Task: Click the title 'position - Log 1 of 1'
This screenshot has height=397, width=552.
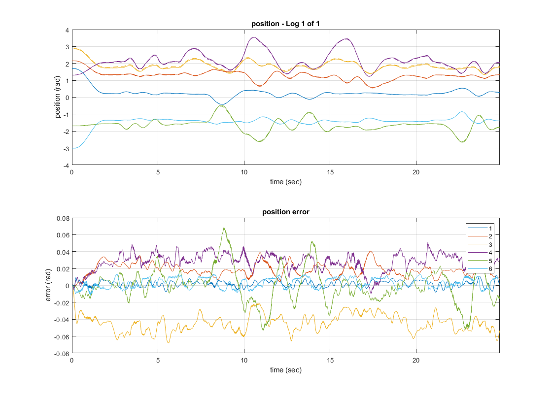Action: (285, 24)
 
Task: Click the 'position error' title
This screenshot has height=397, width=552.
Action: (285, 212)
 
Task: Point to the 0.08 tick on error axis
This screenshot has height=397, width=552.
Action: (63, 218)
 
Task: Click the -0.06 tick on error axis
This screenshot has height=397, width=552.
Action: (61, 336)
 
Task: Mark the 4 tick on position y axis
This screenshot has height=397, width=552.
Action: (67, 30)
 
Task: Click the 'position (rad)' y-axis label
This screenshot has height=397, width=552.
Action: (58, 98)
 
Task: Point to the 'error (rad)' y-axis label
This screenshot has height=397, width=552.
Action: (48, 286)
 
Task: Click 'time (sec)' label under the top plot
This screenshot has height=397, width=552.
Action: (285, 182)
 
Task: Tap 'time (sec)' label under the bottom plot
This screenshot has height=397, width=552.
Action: (285, 370)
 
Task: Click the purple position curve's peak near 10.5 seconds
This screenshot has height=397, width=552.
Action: (254, 37)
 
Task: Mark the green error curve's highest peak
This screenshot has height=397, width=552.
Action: (224, 228)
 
